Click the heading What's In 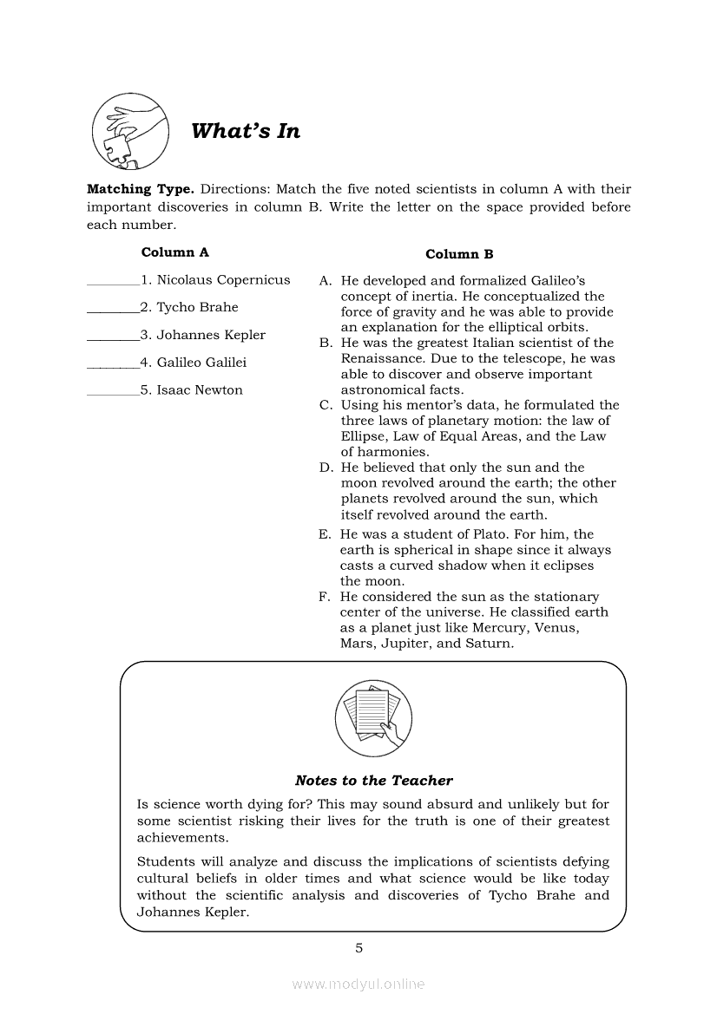pos(245,131)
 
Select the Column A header pos(174,252)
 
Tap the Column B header pos(459,254)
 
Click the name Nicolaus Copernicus pos(223,280)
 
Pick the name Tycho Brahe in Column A pos(197,307)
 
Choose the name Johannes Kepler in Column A pos(211,335)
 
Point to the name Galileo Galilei pos(201,363)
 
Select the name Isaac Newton pos(200,390)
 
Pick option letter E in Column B pos(324,535)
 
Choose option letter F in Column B pos(324,597)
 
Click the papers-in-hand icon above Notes pos(373,716)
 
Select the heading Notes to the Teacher pos(373,781)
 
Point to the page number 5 pos(358,947)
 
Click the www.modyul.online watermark pos(358,985)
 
